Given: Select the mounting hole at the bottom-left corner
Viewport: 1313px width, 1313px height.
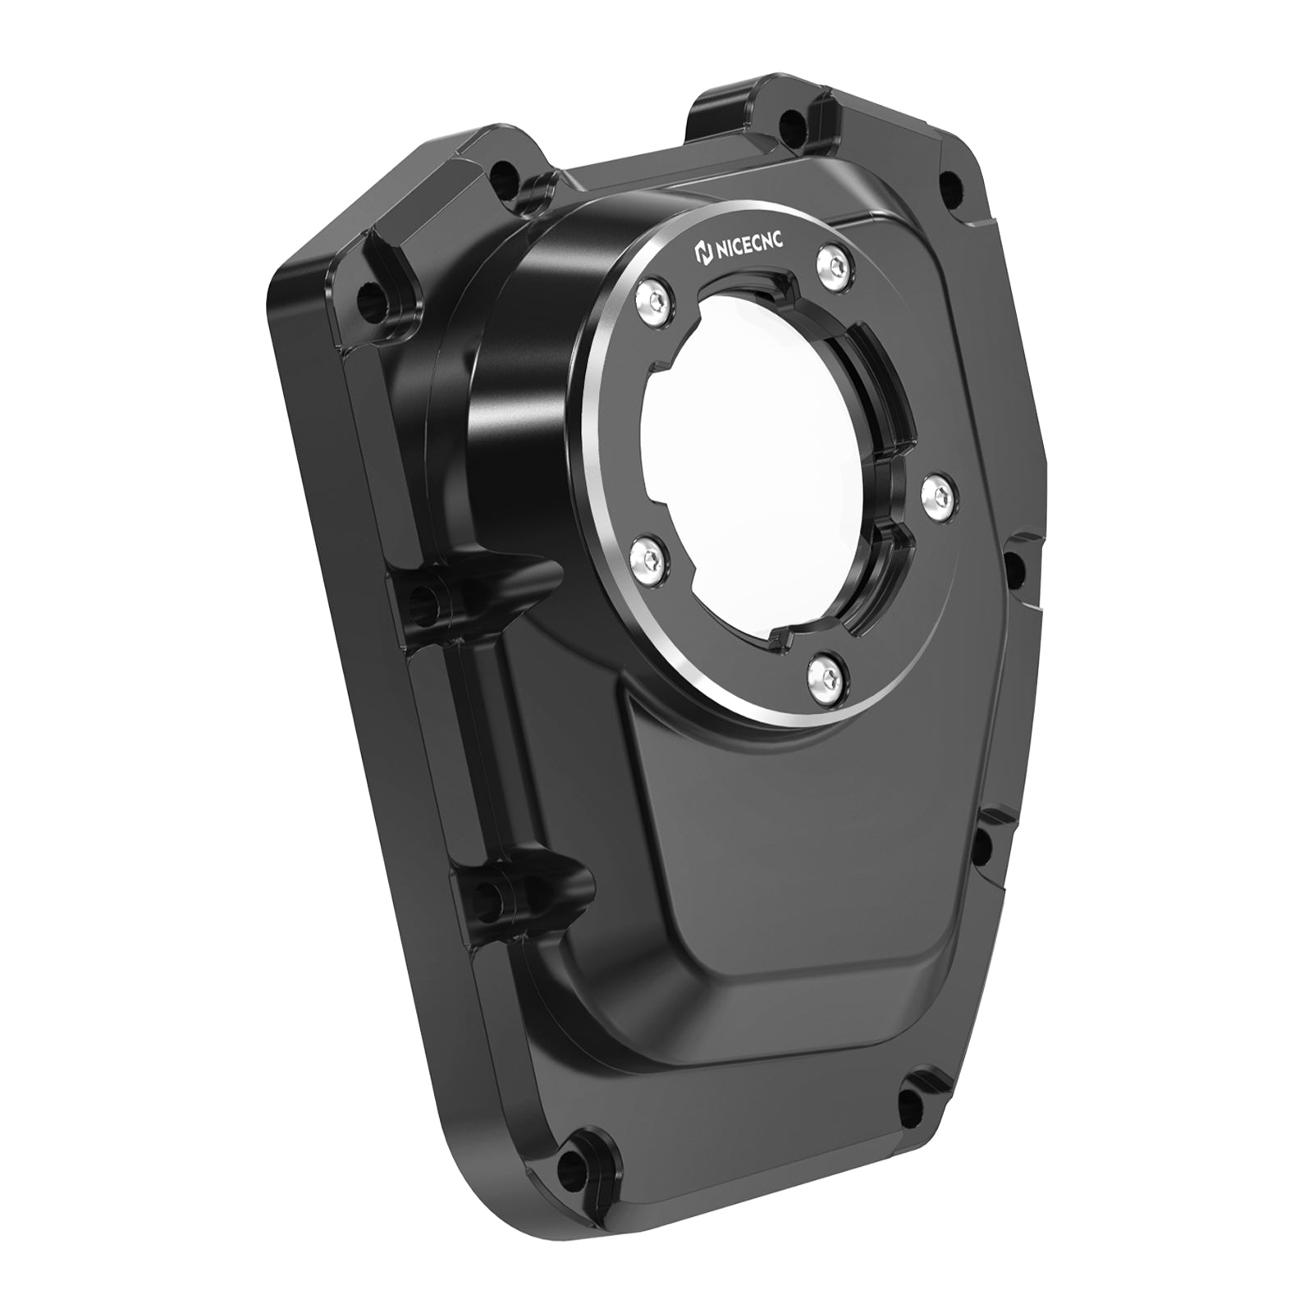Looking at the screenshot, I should point(587,1140).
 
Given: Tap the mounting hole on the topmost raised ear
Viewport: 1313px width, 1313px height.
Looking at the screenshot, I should point(789,127).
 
